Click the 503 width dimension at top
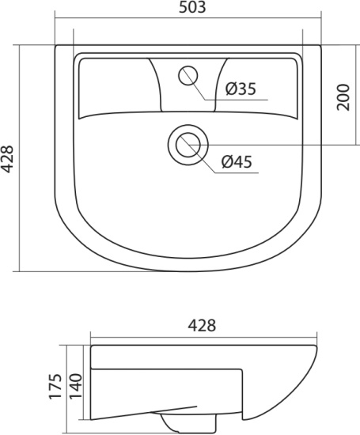click(192, 7)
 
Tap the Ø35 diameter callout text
click(241, 89)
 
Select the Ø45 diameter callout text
click(237, 161)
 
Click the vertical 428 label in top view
click(6, 159)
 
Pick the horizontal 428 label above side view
click(202, 325)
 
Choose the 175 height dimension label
click(55, 387)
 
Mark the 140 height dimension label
click(75, 386)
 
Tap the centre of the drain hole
click(188, 145)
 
